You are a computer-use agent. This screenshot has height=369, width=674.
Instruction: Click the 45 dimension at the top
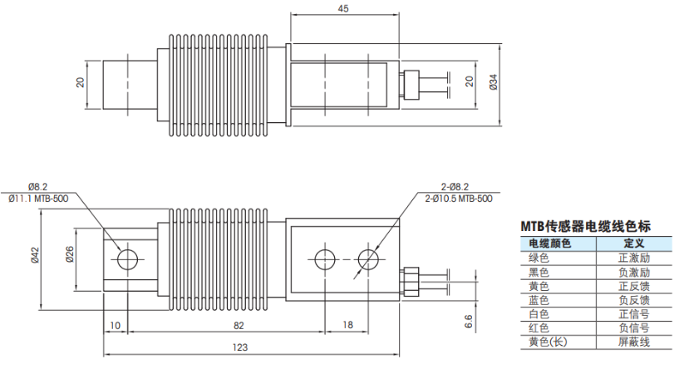click(x=343, y=8)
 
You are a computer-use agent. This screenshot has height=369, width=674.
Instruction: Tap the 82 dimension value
click(x=239, y=324)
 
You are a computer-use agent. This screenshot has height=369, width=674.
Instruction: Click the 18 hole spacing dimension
click(x=347, y=324)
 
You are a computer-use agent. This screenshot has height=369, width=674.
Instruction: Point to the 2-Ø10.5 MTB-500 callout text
click(x=458, y=199)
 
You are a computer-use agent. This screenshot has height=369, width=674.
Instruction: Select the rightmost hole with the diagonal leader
click(x=366, y=259)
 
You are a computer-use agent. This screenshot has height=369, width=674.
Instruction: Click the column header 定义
click(x=634, y=243)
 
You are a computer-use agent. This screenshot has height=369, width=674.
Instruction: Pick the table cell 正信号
click(x=634, y=313)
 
